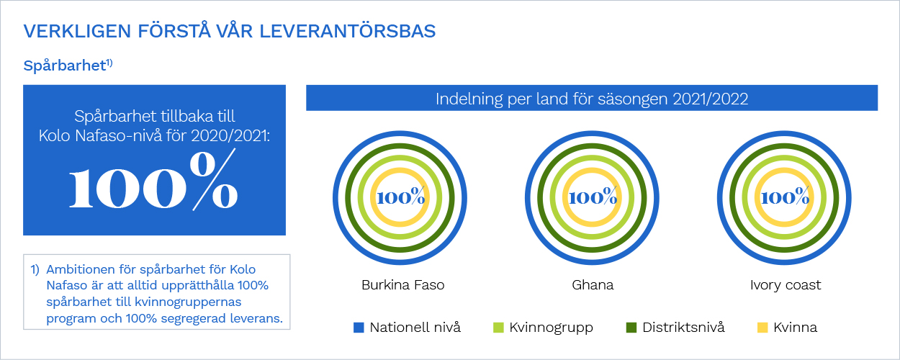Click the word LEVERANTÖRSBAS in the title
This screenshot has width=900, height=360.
[x=348, y=31]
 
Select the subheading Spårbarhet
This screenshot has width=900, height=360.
[x=65, y=66]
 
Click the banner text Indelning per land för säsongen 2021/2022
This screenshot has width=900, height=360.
[x=592, y=99]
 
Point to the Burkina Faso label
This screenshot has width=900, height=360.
[x=403, y=285]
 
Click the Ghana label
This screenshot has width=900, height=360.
[x=593, y=285]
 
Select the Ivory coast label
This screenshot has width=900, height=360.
[x=786, y=285]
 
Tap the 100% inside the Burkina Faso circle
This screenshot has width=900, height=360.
[x=400, y=197]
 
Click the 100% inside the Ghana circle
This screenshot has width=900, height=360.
[x=593, y=197]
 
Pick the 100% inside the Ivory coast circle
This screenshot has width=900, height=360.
[x=785, y=197]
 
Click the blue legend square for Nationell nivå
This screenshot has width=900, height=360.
[x=359, y=328]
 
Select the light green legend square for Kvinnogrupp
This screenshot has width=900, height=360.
[x=498, y=328]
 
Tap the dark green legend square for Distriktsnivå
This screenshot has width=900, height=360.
[x=631, y=328]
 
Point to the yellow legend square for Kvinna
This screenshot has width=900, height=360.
[x=762, y=328]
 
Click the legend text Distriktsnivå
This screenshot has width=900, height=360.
[x=683, y=327]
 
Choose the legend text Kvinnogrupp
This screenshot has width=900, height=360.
[x=552, y=328]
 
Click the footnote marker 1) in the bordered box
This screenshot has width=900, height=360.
[x=35, y=269]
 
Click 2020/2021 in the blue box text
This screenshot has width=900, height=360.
[x=230, y=136]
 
